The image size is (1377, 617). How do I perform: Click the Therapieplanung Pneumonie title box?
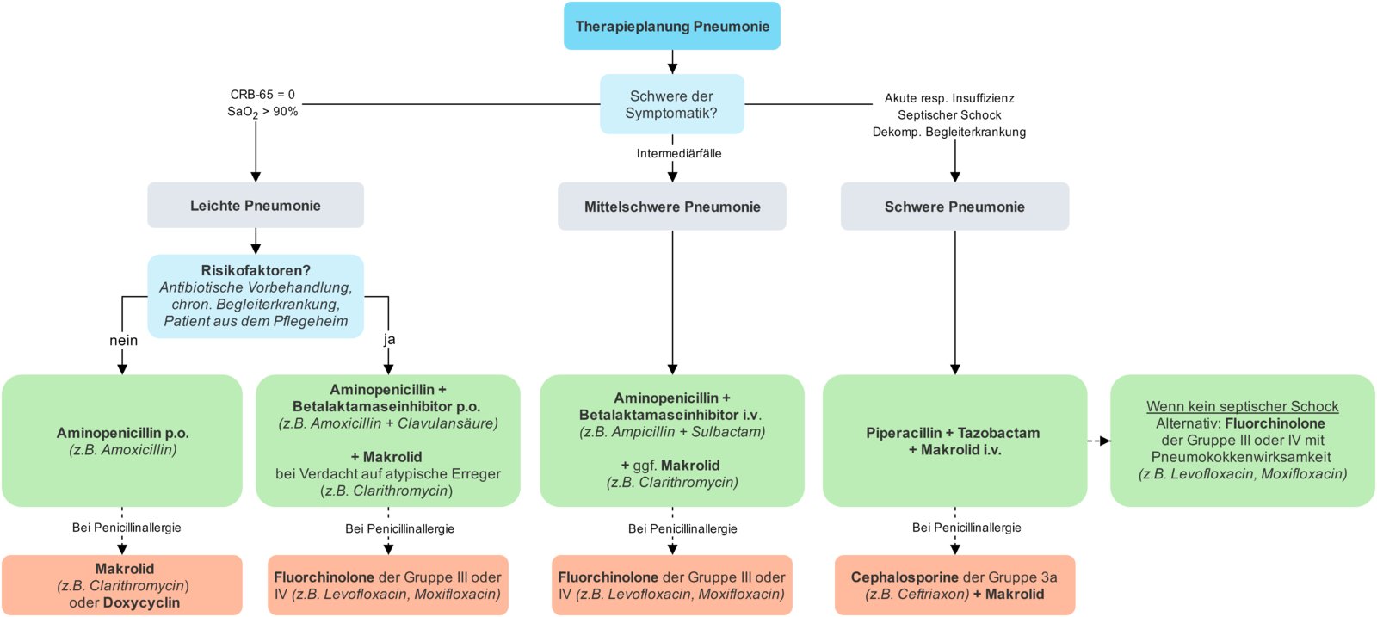pos(671,26)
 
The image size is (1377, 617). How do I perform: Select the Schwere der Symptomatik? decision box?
pos(671,104)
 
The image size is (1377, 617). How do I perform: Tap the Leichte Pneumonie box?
pos(255,206)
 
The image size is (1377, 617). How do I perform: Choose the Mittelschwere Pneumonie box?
pos(671,207)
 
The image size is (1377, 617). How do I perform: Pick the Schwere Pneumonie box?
pos(954,207)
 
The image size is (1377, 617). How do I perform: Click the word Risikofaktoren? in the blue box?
pos(256,270)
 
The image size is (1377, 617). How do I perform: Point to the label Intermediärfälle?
pos(679,153)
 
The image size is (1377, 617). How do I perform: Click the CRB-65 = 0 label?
pos(262,95)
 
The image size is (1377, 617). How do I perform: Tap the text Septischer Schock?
pos(949,115)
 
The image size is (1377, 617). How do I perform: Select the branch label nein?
pos(123,341)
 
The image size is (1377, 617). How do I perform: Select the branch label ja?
pos(389,340)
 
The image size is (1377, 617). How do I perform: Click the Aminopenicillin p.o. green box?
pos(122,441)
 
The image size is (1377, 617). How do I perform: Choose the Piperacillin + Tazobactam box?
pos(954,441)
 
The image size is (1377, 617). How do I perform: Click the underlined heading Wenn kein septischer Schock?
pos(1242,406)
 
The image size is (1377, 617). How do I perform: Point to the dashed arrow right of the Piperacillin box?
pos(1099,441)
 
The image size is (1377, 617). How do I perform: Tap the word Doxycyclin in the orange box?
pos(141,602)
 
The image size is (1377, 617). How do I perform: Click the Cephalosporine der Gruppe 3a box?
pos(954,585)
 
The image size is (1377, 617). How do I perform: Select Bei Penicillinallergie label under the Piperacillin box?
pos(966,528)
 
